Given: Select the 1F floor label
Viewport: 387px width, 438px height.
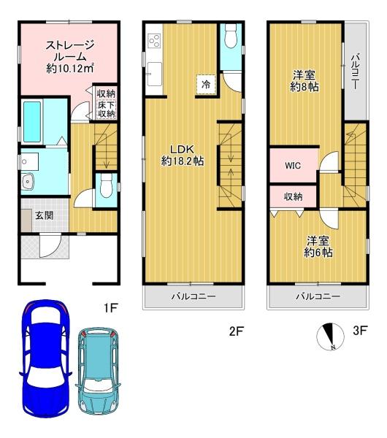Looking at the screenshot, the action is click(110, 308).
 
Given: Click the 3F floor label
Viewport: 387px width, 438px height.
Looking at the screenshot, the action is click(360, 331).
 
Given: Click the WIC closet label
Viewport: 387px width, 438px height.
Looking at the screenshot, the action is click(293, 166).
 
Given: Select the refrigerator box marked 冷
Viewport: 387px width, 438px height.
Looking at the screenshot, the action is click(206, 85).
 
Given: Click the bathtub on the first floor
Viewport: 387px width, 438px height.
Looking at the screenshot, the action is click(32, 121).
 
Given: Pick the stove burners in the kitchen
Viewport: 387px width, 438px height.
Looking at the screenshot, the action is click(154, 40).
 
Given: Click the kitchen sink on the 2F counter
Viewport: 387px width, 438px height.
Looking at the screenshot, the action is click(154, 74).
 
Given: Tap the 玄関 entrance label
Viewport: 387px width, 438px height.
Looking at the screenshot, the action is click(45, 215).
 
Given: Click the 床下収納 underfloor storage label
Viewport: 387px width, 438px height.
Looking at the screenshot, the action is click(106, 109).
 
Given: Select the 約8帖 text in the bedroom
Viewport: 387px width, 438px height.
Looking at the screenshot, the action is click(304, 87).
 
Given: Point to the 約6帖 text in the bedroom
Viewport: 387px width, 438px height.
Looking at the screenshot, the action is click(318, 253).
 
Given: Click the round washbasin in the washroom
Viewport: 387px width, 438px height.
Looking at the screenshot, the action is click(28, 182).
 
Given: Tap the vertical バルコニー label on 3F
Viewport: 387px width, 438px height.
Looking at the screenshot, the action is click(355, 72).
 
